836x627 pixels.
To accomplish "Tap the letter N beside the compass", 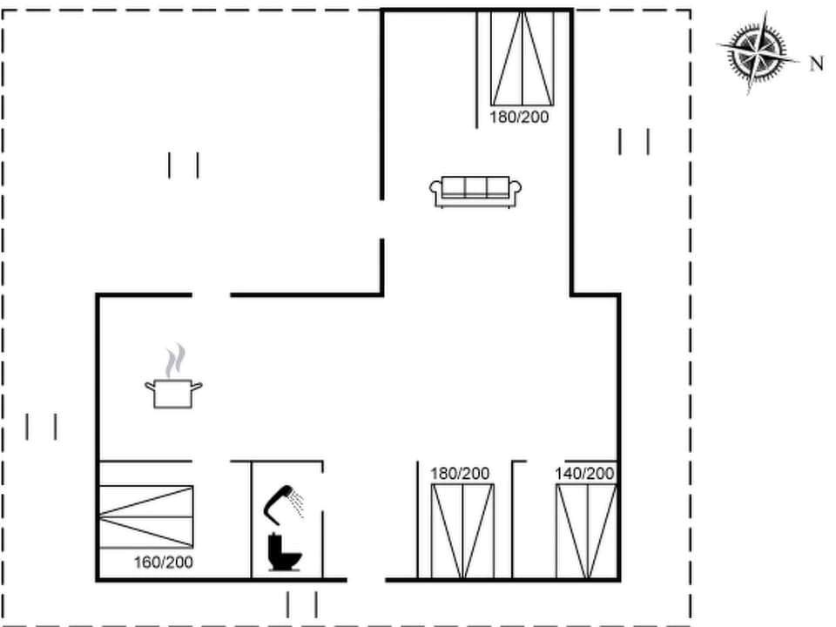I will tap(816, 64).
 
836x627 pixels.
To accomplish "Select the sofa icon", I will tap(475, 192).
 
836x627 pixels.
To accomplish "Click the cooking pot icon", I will tap(173, 393).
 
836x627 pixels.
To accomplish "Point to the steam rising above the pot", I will tap(176, 358).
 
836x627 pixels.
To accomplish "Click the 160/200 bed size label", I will tap(163, 563).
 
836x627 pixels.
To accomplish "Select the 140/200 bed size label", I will tap(584, 474).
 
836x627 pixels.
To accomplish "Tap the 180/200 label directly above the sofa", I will tap(519, 117).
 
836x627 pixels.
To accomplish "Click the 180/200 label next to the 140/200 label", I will tap(460, 474).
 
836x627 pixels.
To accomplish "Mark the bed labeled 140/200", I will tap(586, 531).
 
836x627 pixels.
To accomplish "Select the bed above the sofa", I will tap(522, 57).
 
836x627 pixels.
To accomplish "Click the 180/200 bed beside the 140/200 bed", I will tap(462, 531).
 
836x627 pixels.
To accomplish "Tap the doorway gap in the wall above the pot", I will tap(211, 295).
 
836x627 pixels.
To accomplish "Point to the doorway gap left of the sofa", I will tap(382, 219).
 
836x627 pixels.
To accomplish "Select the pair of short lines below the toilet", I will tap(301, 603).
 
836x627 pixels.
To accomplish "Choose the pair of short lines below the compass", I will tap(633, 141).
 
